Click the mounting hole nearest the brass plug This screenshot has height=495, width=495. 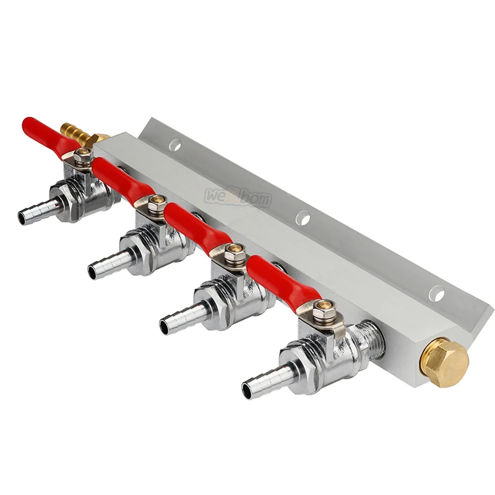[438, 293]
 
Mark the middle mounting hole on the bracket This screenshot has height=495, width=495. [303, 217]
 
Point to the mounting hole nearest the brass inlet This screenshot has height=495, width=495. [175, 145]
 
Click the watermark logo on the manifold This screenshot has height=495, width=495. [238, 197]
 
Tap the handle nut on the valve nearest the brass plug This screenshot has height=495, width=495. [324, 309]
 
